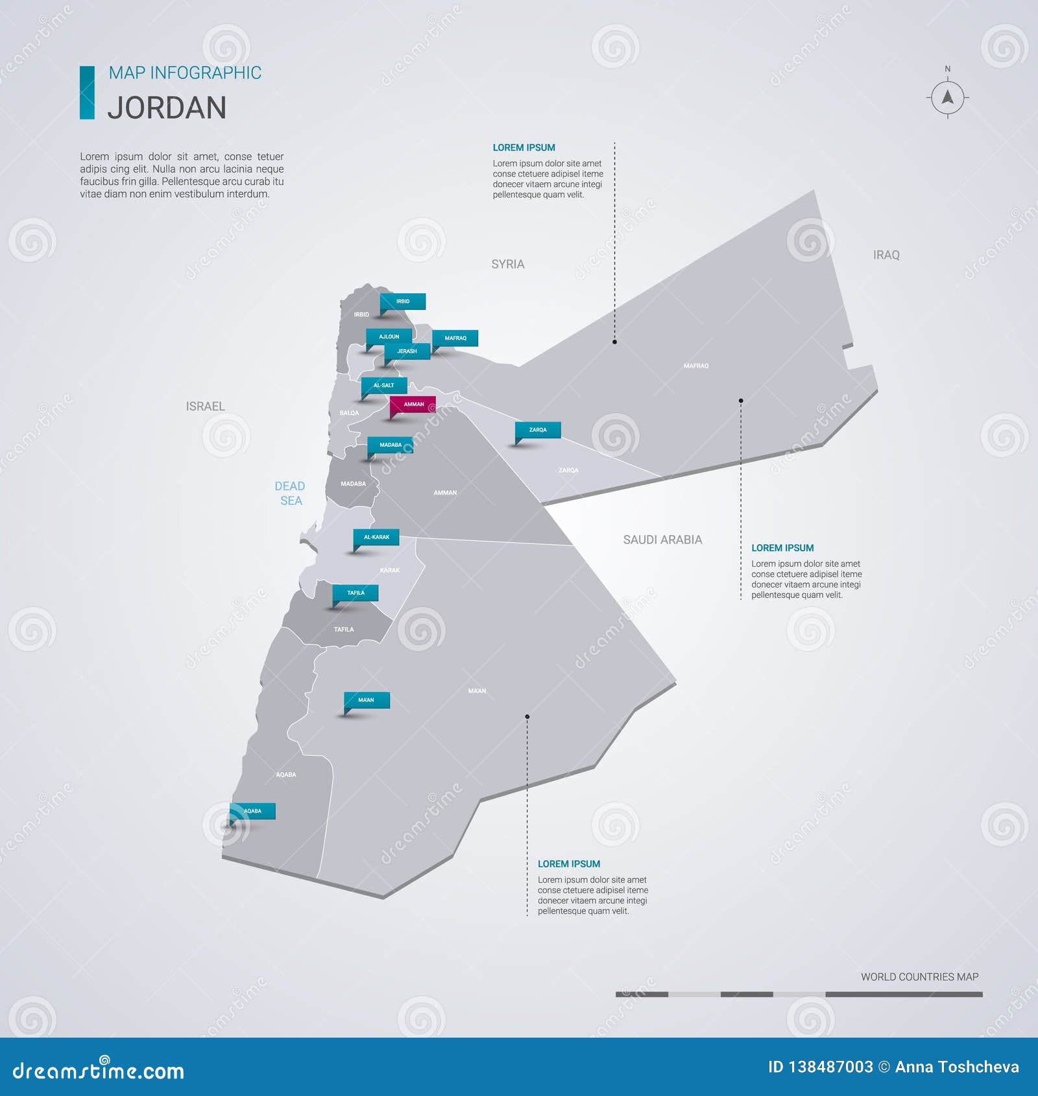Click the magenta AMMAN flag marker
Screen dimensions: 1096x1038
[413, 405]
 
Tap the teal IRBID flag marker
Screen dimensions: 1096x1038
[403, 302]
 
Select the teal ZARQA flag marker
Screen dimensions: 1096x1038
[538, 430]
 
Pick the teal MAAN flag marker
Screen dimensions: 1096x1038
[367, 700]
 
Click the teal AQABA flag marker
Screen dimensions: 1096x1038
[252, 811]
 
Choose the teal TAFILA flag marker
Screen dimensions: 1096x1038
[356, 593]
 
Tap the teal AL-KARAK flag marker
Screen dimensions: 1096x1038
[376, 538]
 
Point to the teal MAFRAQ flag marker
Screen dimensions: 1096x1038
[455, 339]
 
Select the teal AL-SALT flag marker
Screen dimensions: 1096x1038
[384, 386]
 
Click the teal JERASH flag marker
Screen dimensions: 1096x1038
[407, 351]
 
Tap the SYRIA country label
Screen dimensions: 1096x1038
[508, 265]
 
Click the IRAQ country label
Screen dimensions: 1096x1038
[886, 256]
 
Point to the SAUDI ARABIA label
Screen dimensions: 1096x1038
[662, 540]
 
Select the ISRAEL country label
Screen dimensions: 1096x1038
[205, 407]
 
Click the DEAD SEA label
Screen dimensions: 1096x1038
[290, 494]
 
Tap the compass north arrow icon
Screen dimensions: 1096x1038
[947, 98]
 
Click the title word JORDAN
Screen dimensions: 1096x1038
[167, 108]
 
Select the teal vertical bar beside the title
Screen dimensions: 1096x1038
[87, 93]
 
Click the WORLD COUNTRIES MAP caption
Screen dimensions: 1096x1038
[919, 977]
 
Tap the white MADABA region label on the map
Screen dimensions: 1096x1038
[353, 484]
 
